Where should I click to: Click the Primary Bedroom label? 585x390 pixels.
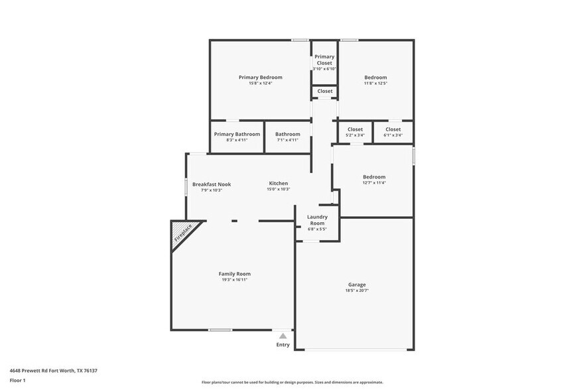pyautogui.click(x=261, y=77)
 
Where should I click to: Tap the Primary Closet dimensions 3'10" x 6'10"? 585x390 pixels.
pyautogui.click(x=324, y=69)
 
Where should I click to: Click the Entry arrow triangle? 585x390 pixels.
pyautogui.click(x=283, y=336)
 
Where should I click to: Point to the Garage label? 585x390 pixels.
pyautogui.click(x=356, y=285)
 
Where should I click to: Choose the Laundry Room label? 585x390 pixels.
pyautogui.click(x=317, y=220)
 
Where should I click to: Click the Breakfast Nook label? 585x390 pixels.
pyautogui.click(x=212, y=184)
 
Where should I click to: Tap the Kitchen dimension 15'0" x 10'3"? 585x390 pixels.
pyautogui.click(x=279, y=190)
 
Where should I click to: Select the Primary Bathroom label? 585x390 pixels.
pyautogui.click(x=237, y=134)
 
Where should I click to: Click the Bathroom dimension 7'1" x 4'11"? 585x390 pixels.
pyautogui.click(x=287, y=140)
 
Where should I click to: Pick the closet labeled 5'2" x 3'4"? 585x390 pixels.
pyautogui.click(x=356, y=132)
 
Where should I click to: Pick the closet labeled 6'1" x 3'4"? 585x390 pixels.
pyautogui.click(x=393, y=132)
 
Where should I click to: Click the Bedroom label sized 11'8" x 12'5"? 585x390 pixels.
pyautogui.click(x=375, y=77)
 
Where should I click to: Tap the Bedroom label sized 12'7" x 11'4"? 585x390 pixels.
pyautogui.click(x=374, y=176)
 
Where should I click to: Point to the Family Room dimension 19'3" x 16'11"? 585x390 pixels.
pyautogui.click(x=235, y=279)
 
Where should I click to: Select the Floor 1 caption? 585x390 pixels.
pyautogui.click(x=18, y=380)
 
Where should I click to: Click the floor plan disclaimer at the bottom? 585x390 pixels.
pyautogui.click(x=292, y=382)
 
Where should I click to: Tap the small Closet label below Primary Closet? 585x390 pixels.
pyautogui.click(x=325, y=91)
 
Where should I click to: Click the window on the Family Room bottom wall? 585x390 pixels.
pyautogui.click(x=220, y=330)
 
